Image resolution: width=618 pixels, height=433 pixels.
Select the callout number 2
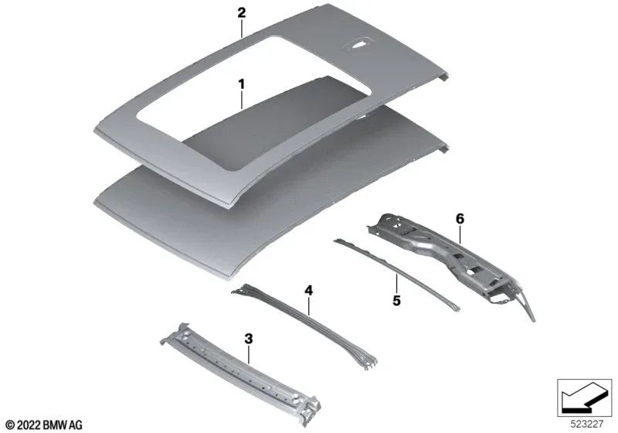click(241, 13)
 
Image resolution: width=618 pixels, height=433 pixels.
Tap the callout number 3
click(248, 338)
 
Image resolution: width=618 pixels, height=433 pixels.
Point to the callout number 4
click(308, 291)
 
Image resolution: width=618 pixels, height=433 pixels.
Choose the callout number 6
click(460, 219)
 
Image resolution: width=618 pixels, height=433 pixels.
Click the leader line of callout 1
click(241, 99)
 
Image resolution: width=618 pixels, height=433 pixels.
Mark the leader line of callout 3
click(249, 354)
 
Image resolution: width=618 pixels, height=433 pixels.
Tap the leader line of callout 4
click(309, 305)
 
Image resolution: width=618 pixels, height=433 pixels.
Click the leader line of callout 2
click(241, 29)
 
